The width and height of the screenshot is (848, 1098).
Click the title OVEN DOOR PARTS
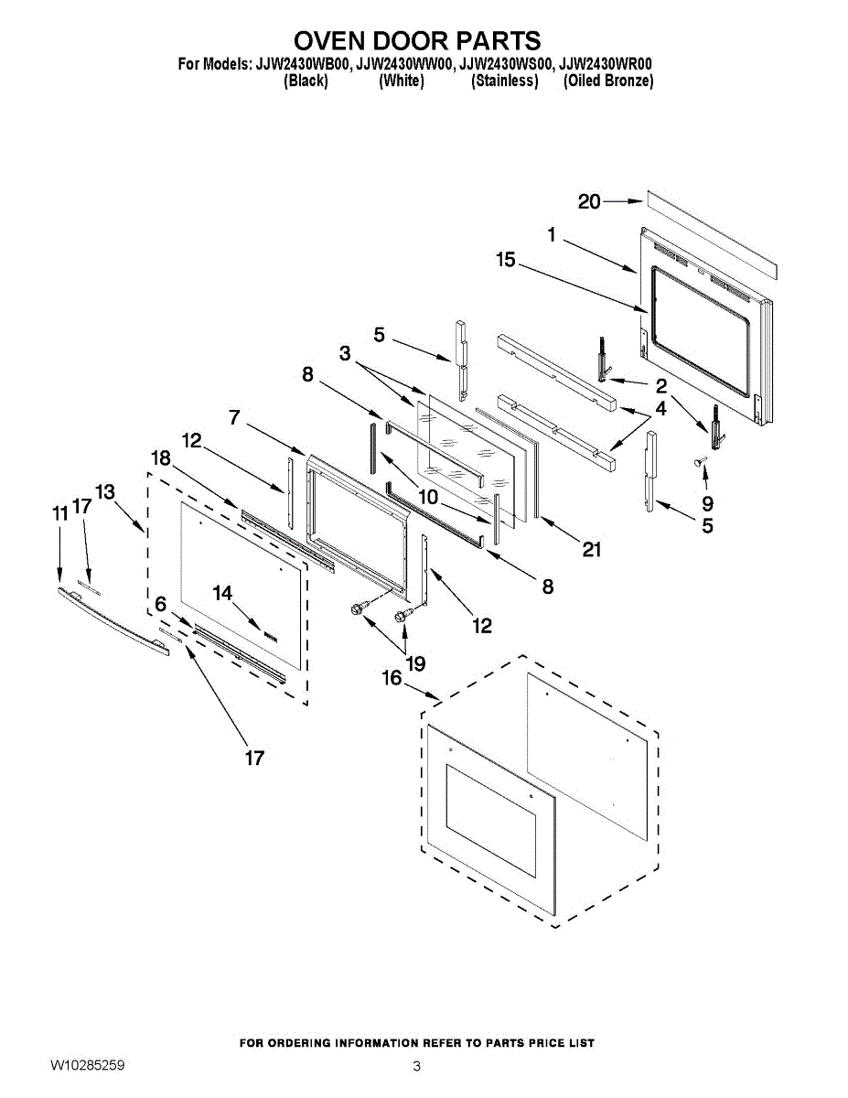point(416,41)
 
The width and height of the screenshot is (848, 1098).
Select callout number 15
point(506,261)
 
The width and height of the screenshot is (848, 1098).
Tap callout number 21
point(592,549)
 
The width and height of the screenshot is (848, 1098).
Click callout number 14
point(223,593)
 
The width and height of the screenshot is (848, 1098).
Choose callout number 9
point(708,503)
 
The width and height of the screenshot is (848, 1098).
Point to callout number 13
point(104,491)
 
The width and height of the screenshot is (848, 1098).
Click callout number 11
point(60,514)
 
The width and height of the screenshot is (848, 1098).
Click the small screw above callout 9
point(702,465)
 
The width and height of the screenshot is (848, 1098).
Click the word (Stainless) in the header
point(504,81)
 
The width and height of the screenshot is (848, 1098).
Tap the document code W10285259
point(88,1066)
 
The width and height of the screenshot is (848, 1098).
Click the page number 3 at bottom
point(416,1066)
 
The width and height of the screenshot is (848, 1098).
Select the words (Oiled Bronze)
point(607,81)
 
